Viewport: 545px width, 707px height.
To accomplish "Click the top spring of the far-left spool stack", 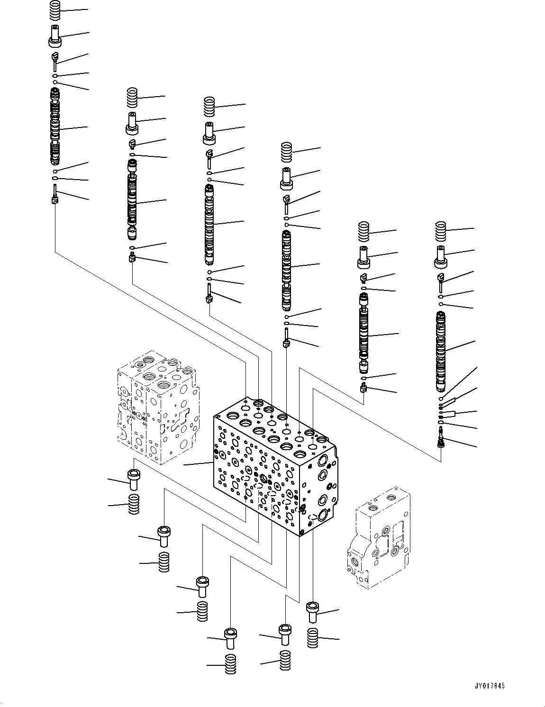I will tap(55, 10).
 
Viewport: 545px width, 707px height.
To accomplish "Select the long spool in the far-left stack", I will tap(55, 127).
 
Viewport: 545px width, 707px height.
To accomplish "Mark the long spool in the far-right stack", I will tap(441, 351).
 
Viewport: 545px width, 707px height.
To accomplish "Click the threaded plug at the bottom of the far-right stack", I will tap(441, 436).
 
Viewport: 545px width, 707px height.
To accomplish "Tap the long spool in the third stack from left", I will tap(210, 224).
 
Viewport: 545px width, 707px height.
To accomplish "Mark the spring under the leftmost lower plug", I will tap(134, 504).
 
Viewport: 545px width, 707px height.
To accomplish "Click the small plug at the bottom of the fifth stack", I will tap(363, 389).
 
